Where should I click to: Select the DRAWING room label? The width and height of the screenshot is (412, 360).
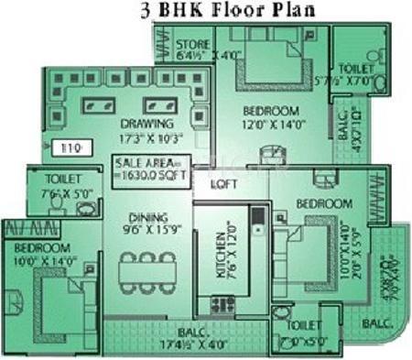click(146, 123)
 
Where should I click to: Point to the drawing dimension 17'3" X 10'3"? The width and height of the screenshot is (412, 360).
click(147, 137)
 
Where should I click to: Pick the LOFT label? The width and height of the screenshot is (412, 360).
click(224, 183)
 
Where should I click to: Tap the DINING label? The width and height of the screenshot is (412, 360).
click(147, 216)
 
